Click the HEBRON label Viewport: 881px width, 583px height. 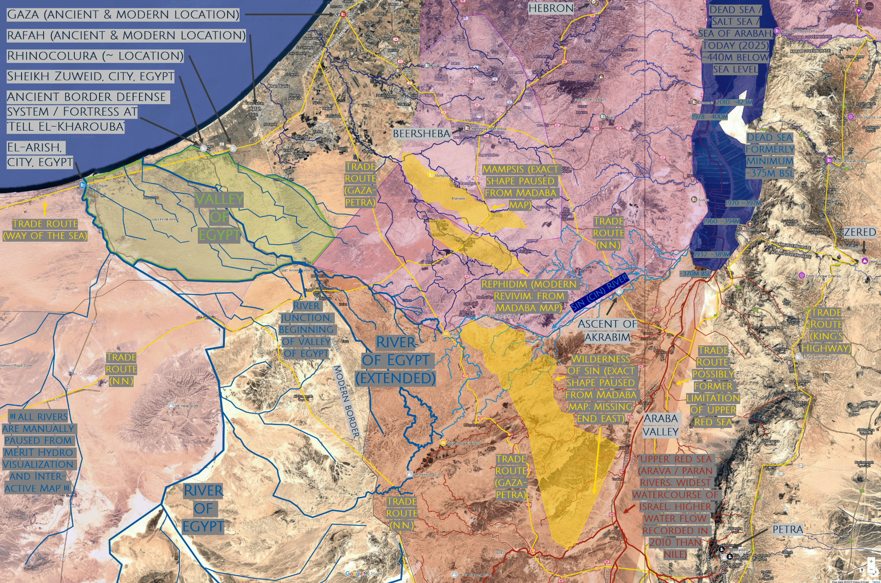(551, 8)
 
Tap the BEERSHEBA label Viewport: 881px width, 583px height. (421, 133)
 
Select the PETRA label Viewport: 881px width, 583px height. (788, 529)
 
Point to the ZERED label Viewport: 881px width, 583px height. (860, 232)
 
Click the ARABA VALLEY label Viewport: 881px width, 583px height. (660, 425)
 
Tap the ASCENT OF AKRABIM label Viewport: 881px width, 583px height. (607, 330)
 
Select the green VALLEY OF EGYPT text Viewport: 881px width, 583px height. (219, 217)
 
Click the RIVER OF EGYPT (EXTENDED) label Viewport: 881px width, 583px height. (396, 360)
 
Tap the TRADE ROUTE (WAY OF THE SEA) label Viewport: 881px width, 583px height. (45, 230)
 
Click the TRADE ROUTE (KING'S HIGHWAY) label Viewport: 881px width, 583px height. (826, 330)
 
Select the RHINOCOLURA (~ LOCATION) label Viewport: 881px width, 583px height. (95, 56)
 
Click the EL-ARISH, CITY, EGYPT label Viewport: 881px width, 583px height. (40, 155)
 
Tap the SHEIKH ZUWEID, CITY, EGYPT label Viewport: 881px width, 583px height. (90, 76)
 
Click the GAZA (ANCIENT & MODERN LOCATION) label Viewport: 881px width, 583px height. (123, 15)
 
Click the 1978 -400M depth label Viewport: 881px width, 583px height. (709, 117)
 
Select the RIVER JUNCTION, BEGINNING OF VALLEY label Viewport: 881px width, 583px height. (306, 329)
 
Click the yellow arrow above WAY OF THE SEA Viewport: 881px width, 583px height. (45, 209)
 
